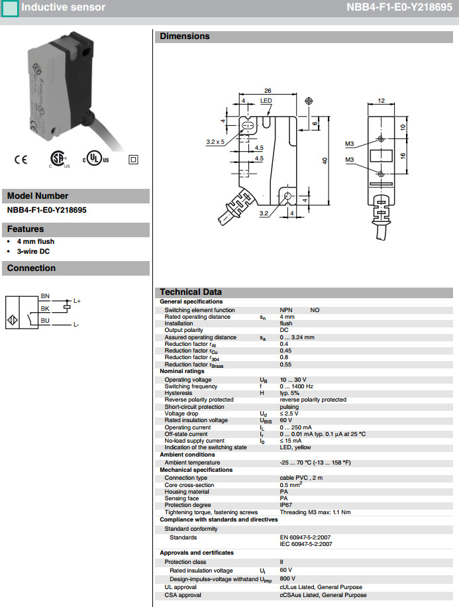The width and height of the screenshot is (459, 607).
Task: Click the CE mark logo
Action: pos(21,160)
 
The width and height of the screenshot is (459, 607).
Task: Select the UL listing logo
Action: pos(95,160)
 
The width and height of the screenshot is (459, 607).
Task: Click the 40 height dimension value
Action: pos(325,162)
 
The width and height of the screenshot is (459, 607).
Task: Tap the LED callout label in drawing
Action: pos(266,101)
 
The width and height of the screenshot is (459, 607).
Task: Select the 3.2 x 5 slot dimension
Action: pos(215,141)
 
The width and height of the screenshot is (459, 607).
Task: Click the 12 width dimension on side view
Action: pos(381,100)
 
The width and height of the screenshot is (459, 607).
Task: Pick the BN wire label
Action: pos(45,296)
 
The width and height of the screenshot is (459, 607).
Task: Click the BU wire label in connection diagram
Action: pos(45,321)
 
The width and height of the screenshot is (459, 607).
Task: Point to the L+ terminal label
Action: pos(77,302)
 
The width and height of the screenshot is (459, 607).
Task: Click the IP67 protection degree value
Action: pos(286,505)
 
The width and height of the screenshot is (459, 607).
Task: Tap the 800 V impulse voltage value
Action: pos(287,579)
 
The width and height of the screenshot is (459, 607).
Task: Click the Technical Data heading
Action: pos(191,292)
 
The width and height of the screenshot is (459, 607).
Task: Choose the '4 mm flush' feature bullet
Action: pos(36,242)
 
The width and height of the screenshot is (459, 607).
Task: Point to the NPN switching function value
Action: pos(286,309)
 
